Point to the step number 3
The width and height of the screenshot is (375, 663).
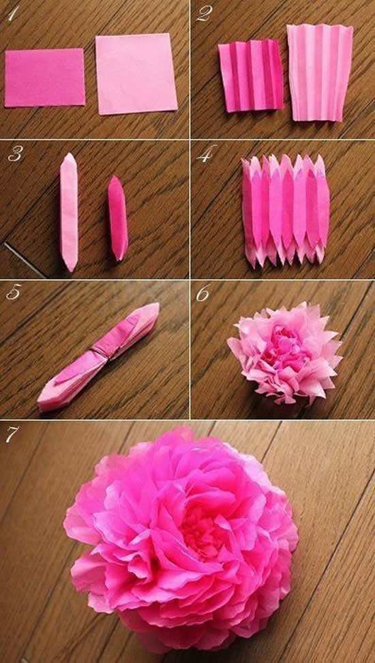pyautogui.click(x=13, y=156)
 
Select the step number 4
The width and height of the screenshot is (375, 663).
pyautogui.click(x=203, y=156)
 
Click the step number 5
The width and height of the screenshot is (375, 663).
pyautogui.click(x=13, y=293)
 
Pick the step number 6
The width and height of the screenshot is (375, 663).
pyautogui.click(x=203, y=293)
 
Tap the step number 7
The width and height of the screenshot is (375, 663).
pyautogui.click(x=12, y=434)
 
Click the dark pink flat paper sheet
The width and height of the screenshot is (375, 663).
pyautogui.click(x=44, y=78)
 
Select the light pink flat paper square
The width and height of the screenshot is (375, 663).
pyautogui.click(x=136, y=74)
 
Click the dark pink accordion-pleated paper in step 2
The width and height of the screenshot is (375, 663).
pyautogui.click(x=251, y=76)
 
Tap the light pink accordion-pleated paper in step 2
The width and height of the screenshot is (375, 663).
pyautogui.click(x=318, y=72)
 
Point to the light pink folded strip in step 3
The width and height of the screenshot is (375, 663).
pyautogui.click(x=69, y=211)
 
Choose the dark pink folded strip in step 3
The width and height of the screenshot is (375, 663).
pyautogui.click(x=117, y=218)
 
